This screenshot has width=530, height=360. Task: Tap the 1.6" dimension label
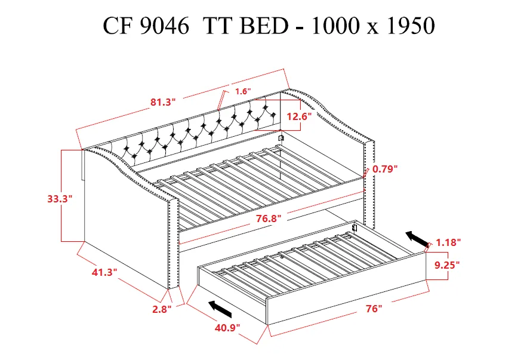(x=243, y=91)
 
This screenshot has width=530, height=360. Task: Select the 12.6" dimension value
(x=298, y=117)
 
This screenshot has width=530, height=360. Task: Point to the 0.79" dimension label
(x=385, y=169)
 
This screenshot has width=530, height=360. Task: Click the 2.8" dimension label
(x=162, y=309)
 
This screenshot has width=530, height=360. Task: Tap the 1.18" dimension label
(x=448, y=242)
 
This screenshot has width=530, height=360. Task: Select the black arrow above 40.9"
(x=220, y=309)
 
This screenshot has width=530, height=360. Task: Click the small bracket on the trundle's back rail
(x=355, y=227)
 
